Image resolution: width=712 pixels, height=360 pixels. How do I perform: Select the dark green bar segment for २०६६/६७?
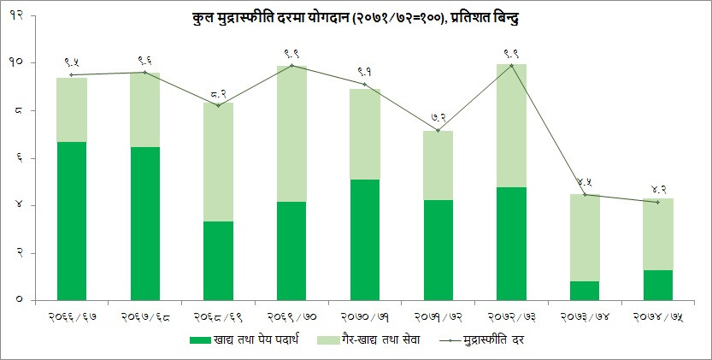72,221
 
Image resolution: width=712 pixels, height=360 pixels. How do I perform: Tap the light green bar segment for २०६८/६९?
218,162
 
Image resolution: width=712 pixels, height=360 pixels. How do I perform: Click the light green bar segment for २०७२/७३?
511,126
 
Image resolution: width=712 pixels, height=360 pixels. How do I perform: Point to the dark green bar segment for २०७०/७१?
364,239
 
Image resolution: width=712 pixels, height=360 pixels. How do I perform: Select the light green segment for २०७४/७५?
657,234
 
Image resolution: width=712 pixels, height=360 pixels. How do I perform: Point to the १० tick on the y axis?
16,63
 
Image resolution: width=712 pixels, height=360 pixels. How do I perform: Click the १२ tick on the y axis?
16,15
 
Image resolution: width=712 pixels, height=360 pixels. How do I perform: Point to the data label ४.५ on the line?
585,181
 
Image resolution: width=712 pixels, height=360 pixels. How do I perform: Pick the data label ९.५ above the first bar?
73,62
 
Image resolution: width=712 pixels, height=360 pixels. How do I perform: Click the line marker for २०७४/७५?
657,202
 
